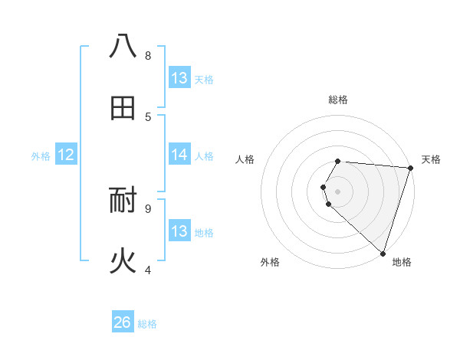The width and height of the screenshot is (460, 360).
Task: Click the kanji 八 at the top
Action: (x=123, y=47)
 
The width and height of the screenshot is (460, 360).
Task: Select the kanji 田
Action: (x=123, y=109)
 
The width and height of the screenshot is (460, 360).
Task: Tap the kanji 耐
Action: (x=123, y=201)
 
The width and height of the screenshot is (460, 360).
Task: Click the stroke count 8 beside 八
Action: (x=148, y=55)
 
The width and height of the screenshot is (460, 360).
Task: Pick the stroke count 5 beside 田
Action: (x=148, y=116)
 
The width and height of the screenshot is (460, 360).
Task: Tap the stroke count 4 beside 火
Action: (x=148, y=270)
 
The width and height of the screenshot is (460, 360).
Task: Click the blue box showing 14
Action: (x=179, y=155)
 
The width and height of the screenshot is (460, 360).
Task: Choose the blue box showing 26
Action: (x=123, y=322)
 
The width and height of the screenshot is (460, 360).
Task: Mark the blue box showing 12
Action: (x=66, y=155)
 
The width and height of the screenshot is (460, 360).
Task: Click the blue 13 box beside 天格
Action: (x=179, y=78)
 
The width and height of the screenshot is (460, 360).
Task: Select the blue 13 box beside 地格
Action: (x=179, y=231)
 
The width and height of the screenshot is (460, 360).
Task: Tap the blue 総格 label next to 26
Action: (x=147, y=324)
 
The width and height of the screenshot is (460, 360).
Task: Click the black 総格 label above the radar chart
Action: (x=338, y=100)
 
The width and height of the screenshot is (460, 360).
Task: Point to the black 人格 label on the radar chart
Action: (x=245, y=159)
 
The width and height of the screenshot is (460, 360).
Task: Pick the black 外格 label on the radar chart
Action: (x=270, y=262)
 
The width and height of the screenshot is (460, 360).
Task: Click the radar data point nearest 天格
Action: (x=410, y=169)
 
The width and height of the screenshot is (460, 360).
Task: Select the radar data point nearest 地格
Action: (x=383, y=253)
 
